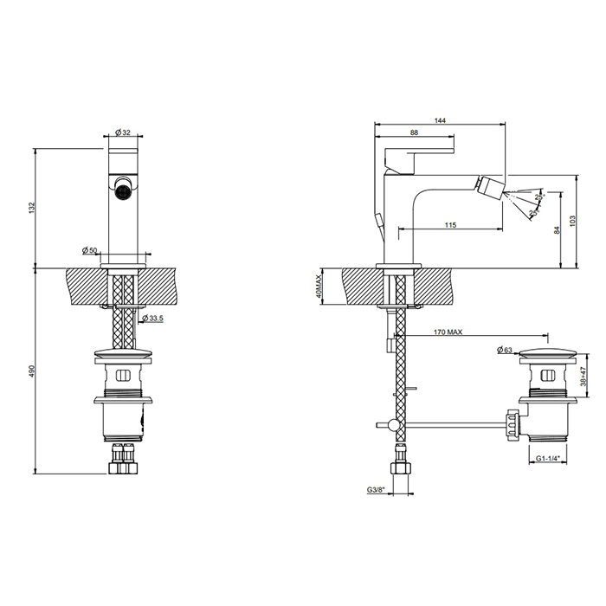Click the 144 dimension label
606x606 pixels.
pos(440,120)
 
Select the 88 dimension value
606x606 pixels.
pos(414,132)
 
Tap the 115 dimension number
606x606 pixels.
pos(451,225)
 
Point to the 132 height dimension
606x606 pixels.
pos(33,207)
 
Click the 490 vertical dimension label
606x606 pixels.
pos(33,371)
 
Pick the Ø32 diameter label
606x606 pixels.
pos(123,132)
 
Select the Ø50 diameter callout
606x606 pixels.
pos(90,250)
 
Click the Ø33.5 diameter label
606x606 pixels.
pos(152,318)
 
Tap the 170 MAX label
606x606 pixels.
pos(448,332)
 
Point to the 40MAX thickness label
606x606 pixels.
pos(319,287)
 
